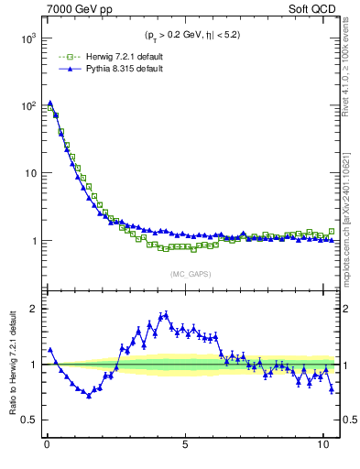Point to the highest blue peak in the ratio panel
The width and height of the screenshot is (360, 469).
[x=166, y=314]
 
